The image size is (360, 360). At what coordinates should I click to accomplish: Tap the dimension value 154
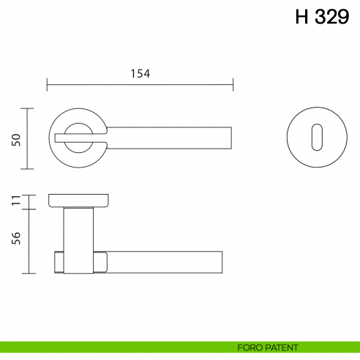point(140,73)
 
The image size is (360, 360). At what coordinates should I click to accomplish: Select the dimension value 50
point(15,139)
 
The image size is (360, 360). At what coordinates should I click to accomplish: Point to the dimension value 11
point(15,200)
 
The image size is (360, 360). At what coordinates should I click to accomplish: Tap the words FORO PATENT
point(268,347)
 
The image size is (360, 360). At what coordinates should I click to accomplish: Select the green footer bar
point(110,347)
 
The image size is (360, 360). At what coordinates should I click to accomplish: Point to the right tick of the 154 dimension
point(233,85)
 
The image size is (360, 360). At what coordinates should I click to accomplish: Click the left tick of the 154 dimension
point(48,85)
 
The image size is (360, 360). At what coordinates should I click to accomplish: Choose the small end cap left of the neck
point(59,262)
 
